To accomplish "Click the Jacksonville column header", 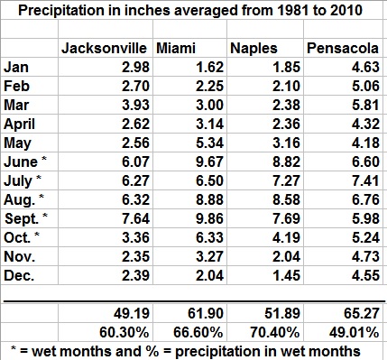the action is [x=104, y=48].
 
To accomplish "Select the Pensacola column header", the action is [x=343, y=48].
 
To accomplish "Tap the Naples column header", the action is [x=253, y=48].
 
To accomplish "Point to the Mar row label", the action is [x=16, y=105].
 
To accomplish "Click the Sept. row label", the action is [x=22, y=219].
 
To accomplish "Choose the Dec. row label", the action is [x=19, y=275].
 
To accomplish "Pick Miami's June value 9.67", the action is [x=210, y=162].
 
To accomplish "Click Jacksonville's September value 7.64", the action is [x=135, y=218].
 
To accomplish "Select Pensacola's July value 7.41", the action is [x=365, y=180].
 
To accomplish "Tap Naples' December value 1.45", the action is [x=286, y=275].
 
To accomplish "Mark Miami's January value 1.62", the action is [x=210, y=67].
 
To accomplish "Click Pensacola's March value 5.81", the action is [x=365, y=105].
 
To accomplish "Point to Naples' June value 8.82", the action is [x=286, y=162].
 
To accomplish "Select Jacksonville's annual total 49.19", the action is [x=132, y=313].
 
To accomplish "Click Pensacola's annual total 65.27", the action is [x=361, y=313].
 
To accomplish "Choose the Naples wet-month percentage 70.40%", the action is [x=274, y=332].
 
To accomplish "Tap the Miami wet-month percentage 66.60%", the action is [x=198, y=332].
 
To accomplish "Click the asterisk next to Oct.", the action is [x=37, y=234].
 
